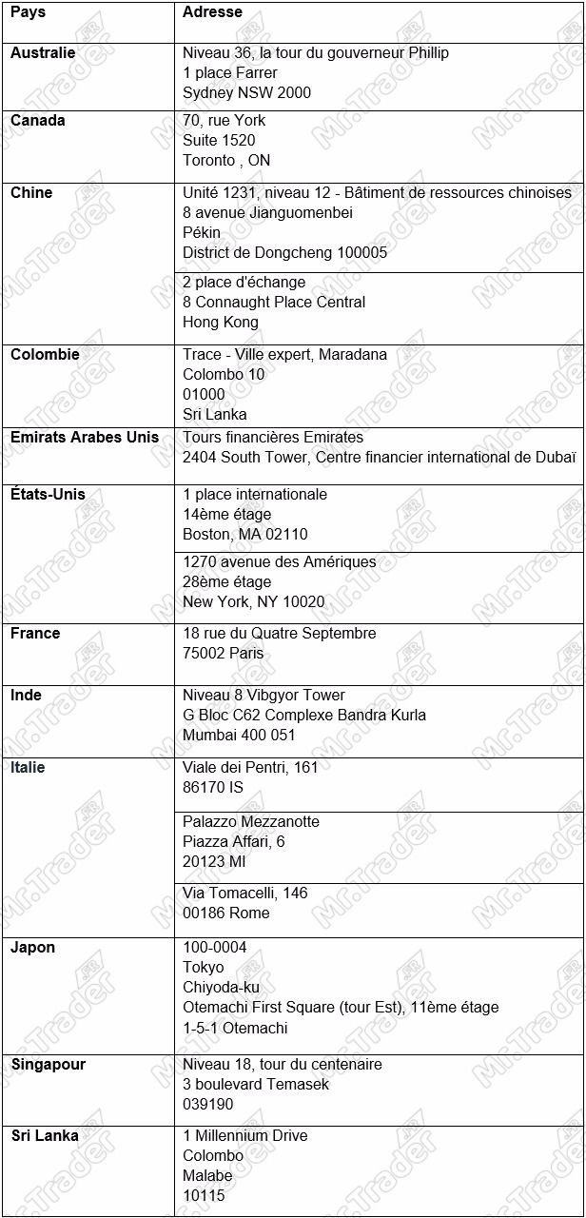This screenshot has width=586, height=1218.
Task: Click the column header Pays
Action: point(28,12)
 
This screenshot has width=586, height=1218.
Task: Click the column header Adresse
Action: point(212,12)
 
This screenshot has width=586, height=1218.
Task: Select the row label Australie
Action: point(43,53)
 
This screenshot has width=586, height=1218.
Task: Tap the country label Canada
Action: point(38,121)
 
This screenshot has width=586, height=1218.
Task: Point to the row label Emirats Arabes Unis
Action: point(85,438)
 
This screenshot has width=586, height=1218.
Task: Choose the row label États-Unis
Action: point(48,495)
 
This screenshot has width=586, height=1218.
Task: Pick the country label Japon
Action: point(32,948)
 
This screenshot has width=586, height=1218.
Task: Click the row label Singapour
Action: point(48,1065)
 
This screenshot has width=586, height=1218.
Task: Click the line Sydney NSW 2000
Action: point(246,93)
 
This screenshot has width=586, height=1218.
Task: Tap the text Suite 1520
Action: point(219,141)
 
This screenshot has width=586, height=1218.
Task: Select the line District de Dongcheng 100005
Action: point(284,253)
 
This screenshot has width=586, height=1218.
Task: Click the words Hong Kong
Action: point(221,323)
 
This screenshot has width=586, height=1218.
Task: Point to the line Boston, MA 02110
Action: point(245,535)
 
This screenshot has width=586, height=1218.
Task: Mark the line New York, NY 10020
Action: point(253,602)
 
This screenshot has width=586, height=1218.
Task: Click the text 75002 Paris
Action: point(224,654)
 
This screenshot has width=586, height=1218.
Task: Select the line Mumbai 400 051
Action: point(239,736)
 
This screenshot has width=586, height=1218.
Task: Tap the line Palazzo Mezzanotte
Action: point(251,822)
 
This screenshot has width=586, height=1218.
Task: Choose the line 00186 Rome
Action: point(226,913)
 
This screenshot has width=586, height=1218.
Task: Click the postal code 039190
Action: point(208,1105)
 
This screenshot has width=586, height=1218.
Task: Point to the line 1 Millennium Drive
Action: point(245,1136)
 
